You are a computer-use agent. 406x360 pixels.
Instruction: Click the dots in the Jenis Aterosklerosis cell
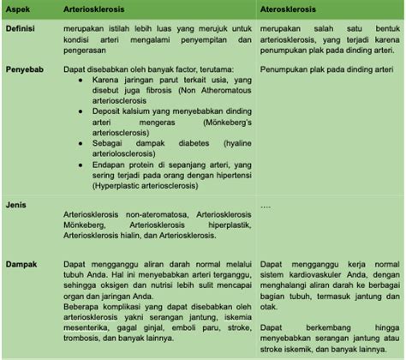266,207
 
